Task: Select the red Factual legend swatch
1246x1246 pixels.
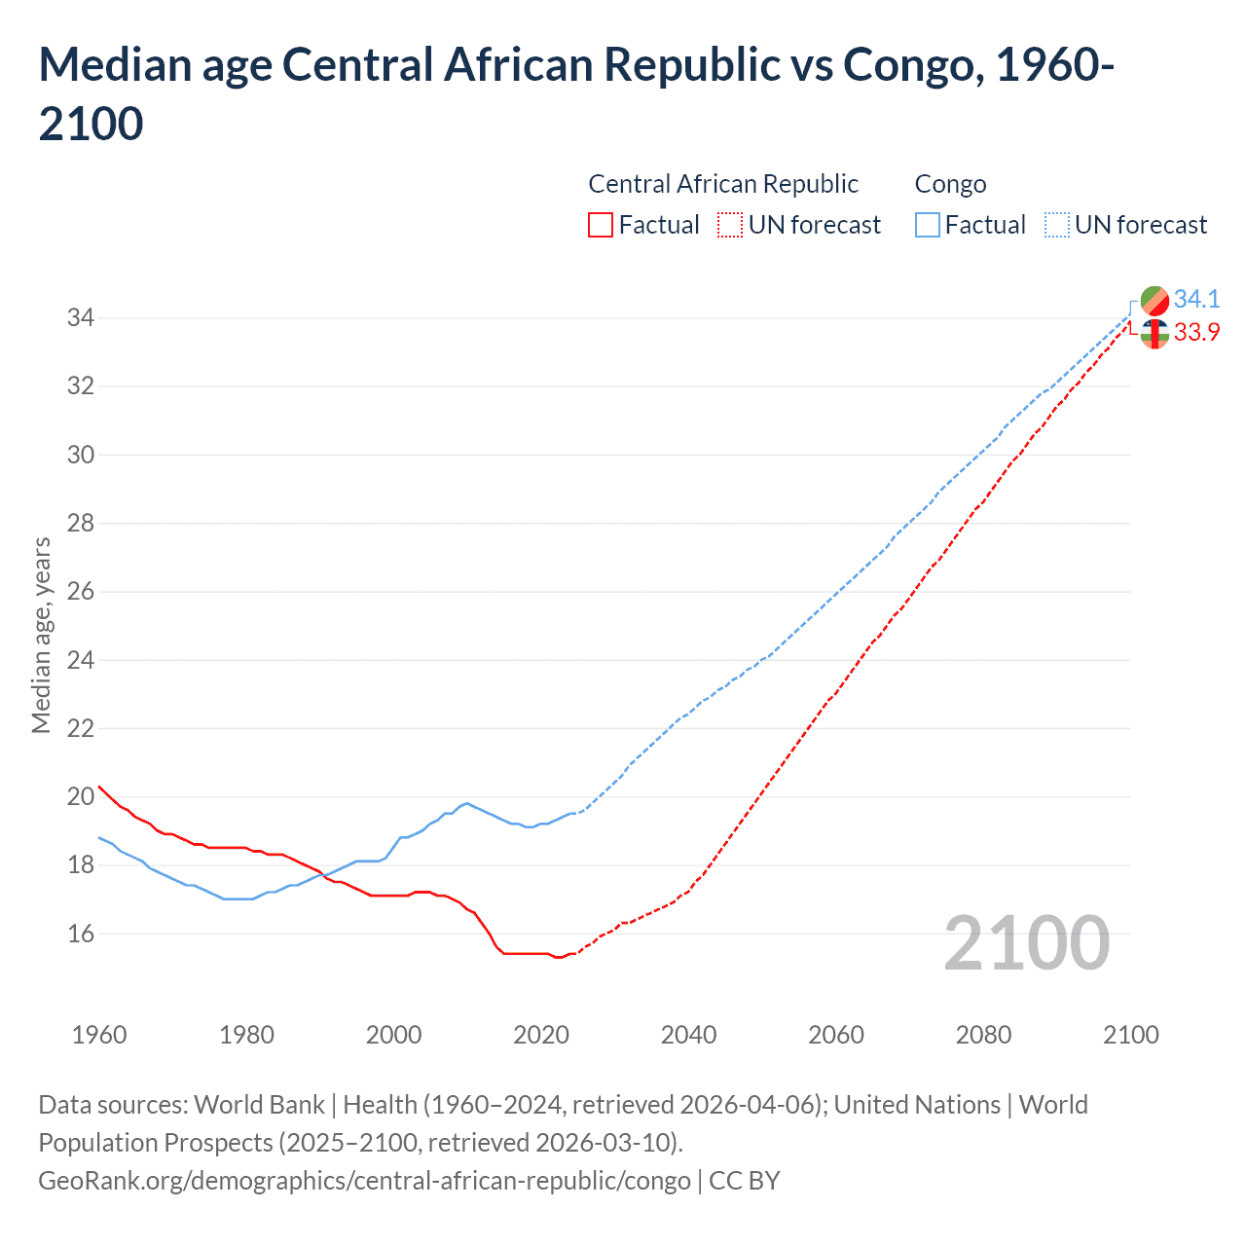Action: point(601,225)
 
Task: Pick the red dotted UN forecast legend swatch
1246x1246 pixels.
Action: point(730,225)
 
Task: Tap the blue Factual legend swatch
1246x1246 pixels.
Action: point(928,225)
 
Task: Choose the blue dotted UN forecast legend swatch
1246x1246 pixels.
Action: point(1056,225)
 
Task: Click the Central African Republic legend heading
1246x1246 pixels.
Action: point(723,184)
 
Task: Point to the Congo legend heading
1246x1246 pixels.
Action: point(950,184)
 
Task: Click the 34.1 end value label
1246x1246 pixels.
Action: point(1196,299)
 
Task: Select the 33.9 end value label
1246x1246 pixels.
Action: point(1196,333)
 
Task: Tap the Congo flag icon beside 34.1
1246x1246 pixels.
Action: point(1154,300)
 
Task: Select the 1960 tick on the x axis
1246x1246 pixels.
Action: point(99,1035)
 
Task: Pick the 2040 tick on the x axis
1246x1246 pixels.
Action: point(688,1035)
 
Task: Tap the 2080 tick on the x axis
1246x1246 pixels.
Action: point(983,1035)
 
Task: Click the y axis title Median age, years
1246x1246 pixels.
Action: point(41,635)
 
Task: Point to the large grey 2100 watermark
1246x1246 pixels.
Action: point(1026,943)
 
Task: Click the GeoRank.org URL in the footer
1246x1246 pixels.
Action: point(364,1181)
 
